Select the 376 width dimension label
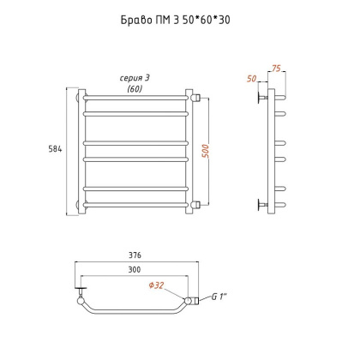click(135, 254)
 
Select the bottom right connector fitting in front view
click(195, 204)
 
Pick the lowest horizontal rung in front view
click(135, 204)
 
